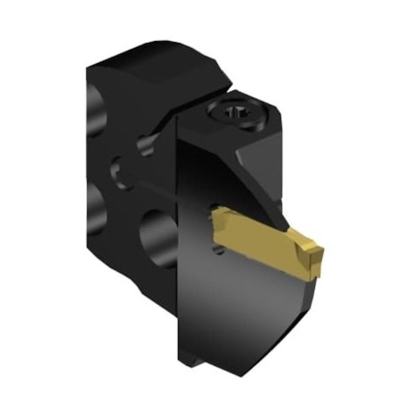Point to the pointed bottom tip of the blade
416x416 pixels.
point(243,375)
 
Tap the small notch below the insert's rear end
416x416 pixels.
point(219,250)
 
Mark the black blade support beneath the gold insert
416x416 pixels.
point(277,298)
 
